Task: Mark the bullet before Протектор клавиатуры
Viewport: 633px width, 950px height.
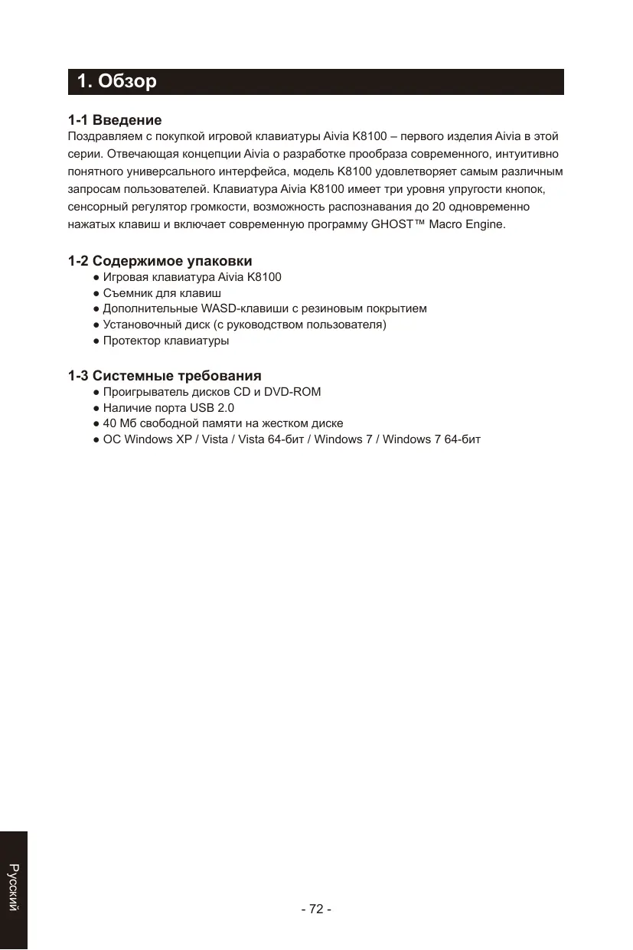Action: (x=96, y=341)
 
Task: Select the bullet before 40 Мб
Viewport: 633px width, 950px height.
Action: (x=96, y=424)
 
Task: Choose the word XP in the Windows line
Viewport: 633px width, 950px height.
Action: (x=184, y=440)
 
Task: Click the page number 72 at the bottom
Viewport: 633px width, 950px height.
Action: (x=316, y=909)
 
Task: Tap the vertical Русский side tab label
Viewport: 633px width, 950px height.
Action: (x=13, y=887)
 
